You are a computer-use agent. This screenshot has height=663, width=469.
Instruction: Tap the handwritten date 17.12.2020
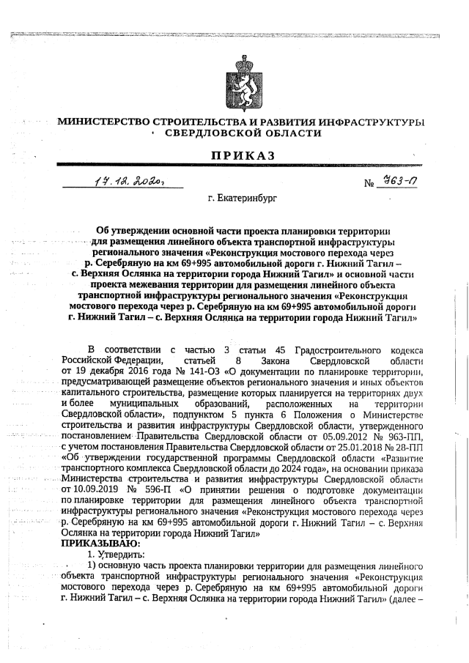[x=133, y=180]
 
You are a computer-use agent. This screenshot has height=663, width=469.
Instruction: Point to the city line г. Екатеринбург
[x=241, y=199]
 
